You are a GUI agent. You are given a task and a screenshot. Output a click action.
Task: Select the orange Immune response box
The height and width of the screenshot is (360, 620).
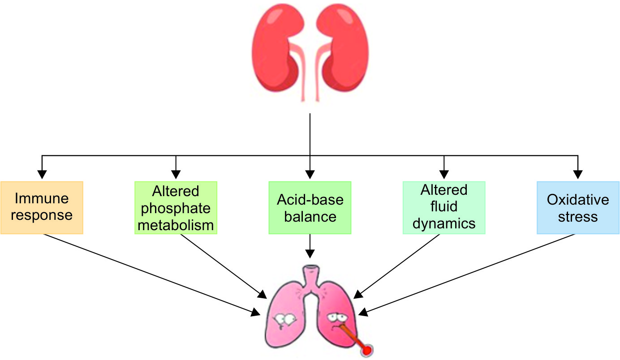[x=42, y=207]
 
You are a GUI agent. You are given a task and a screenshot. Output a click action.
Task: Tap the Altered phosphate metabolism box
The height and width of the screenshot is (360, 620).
[x=176, y=207]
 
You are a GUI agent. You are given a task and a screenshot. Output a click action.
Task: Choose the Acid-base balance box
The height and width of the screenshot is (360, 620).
[x=310, y=207]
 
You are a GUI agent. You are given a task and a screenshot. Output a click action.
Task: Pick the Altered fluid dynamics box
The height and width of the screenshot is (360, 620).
[x=444, y=207]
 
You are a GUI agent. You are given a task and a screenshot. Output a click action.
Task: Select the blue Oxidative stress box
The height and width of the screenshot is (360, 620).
[x=578, y=207]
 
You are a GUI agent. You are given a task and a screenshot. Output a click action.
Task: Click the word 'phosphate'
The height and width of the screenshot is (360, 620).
[x=176, y=208]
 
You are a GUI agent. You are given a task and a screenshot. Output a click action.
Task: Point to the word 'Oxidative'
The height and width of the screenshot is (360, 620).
[x=578, y=199]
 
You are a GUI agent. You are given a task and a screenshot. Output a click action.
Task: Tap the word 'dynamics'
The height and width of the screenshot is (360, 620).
[x=444, y=223]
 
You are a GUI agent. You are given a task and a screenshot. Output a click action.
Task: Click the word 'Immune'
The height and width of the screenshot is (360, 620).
[x=42, y=198]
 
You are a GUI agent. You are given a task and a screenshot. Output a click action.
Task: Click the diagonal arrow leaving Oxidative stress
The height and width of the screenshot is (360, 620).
[x=470, y=273]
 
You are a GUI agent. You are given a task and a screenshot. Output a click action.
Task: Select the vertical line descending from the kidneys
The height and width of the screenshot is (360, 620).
[x=310, y=134]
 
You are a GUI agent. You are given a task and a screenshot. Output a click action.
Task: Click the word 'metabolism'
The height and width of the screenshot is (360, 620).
[x=176, y=224]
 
